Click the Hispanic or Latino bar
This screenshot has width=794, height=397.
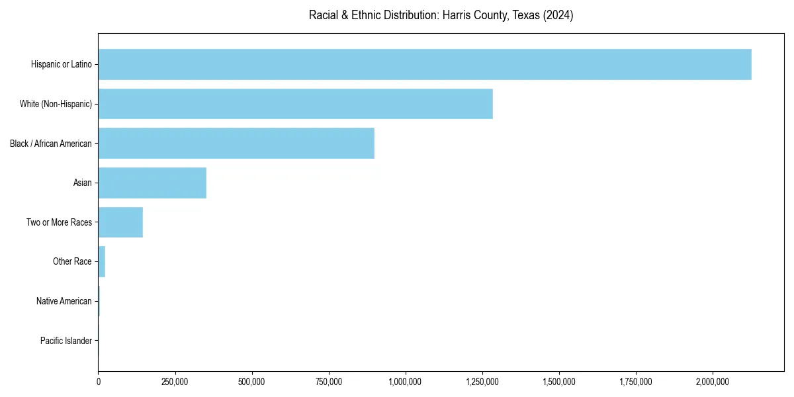coord(424,64)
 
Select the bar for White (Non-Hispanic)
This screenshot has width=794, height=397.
coord(295,104)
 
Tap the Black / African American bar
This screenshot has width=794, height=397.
coord(236,143)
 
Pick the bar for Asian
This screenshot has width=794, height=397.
coord(152,183)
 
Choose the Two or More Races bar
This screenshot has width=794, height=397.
coord(120,222)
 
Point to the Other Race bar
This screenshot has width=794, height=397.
coord(102,261)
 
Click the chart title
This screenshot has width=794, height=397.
coord(441,15)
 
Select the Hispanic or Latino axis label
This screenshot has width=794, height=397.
coord(62,64)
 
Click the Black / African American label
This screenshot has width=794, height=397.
coord(51,143)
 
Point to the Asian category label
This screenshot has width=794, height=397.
coord(83,183)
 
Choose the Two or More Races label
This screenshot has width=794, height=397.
coord(60,222)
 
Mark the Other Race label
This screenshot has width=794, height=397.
coord(72,261)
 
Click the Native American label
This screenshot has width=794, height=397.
coord(64,301)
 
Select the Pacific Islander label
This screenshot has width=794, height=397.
coord(66,341)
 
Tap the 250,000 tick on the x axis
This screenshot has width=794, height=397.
coord(175,382)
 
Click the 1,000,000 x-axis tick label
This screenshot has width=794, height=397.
coord(406,382)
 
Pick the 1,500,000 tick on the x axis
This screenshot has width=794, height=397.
coord(559,382)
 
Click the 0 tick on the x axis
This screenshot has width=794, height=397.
coord(98,382)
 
